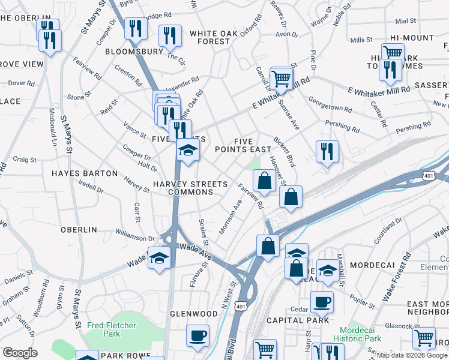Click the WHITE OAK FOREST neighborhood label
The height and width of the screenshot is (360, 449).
[210, 37]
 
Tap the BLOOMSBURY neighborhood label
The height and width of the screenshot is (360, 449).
[134, 52]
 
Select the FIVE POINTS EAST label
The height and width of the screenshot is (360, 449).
[244, 145]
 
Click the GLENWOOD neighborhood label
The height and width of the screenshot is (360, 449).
[193, 314]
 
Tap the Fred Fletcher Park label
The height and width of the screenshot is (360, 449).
[111, 329]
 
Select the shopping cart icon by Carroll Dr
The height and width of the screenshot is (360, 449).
[280, 78]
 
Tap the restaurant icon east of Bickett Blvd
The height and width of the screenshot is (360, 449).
[327, 151]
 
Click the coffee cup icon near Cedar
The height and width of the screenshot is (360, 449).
[322, 302]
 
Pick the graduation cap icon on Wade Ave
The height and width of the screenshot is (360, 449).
[158, 258]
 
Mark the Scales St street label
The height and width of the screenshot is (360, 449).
[203, 232]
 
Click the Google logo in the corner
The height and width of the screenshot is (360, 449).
[20, 353]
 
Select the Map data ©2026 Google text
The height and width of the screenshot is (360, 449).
[411, 355]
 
